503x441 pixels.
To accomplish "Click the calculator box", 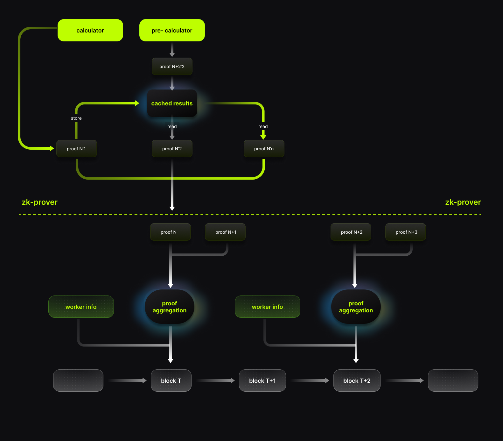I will (x=90, y=30).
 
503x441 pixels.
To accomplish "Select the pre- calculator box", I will (x=172, y=30).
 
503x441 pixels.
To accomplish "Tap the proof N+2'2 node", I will (x=172, y=67).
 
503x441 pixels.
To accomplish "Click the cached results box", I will (x=172, y=103).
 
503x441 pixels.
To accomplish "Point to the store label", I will (x=76, y=118).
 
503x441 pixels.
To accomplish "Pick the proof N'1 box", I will (x=76, y=149).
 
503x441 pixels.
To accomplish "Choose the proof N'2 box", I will (x=172, y=149).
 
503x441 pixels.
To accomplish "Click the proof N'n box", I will (x=264, y=149).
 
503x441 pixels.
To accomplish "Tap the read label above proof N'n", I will (x=263, y=126).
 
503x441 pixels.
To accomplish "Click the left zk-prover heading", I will (x=39, y=202).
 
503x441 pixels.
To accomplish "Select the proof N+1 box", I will (x=225, y=232).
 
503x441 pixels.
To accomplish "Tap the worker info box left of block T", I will (x=81, y=307).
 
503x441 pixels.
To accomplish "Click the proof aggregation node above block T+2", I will (x=356, y=307).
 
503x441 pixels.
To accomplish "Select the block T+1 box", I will (x=262, y=381).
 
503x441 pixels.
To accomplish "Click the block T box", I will (x=171, y=381).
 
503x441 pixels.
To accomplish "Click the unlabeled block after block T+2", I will (x=453, y=381).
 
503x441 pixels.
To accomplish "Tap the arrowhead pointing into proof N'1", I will (x=52, y=148).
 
